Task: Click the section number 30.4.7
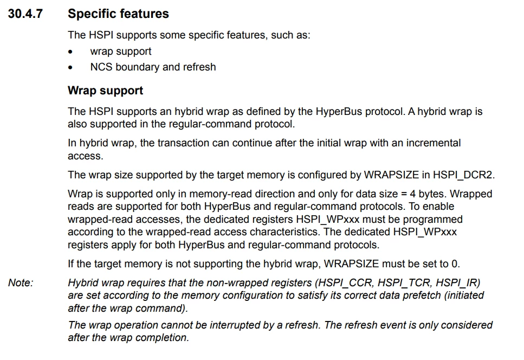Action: click(25, 14)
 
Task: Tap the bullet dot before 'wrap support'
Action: click(70, 52)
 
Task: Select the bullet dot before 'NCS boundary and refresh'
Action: click(70, 68)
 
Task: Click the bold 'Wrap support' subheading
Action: click(105, 91)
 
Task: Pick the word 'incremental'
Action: click(434, 143)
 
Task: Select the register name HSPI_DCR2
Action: click(463, 175)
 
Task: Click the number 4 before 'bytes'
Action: click(413, 194)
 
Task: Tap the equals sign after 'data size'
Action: click(404, 194)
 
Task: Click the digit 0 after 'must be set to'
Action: click(455, 264)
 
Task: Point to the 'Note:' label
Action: click(21, 283)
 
